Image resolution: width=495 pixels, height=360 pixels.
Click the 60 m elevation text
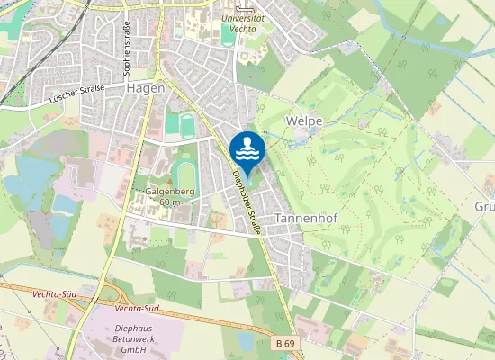168,202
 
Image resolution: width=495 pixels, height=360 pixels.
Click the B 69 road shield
284,343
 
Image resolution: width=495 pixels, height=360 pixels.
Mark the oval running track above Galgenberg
185,171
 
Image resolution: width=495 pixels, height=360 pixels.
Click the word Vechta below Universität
242,29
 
